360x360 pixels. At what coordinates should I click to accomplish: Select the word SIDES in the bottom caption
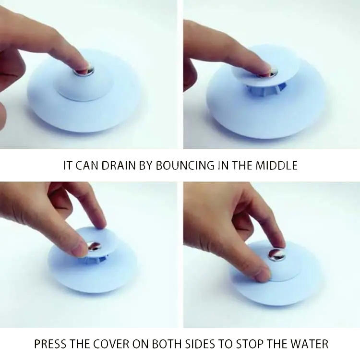(x=216, y=344)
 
